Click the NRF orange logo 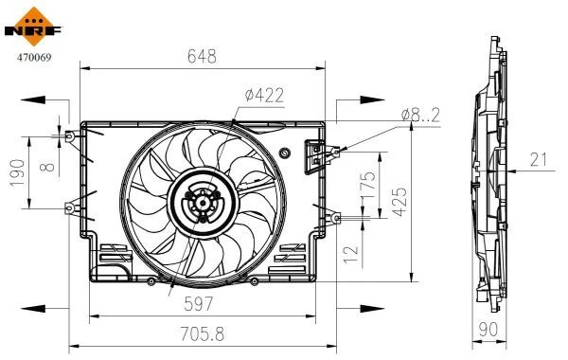[34, 27]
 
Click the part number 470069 [34, 57]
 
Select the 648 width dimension [203, 56]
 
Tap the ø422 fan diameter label [264, 95]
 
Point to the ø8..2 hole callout [420, 116]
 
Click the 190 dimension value [17, 173]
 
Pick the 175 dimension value [368, 185]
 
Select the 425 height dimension [399, 202]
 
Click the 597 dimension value [199, 303]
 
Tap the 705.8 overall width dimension [203, 333]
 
